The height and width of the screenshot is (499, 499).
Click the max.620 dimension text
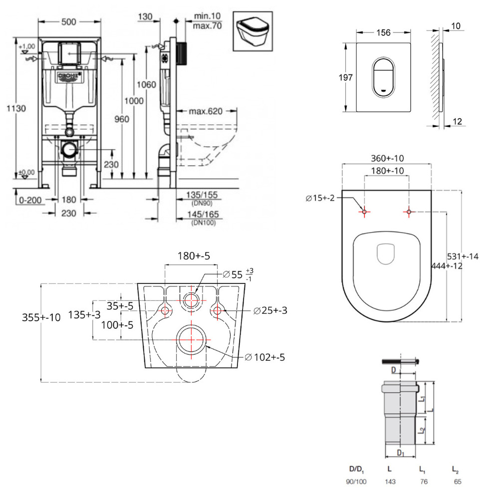tap(206, 110)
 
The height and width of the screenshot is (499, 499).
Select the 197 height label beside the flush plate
tap(346, 77)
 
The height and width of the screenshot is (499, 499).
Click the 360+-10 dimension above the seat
tap(387, 158)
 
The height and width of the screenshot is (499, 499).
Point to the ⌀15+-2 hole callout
tap(322, 199)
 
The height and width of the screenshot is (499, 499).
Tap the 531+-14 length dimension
tap(463, 256)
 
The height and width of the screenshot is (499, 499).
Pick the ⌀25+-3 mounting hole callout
tap(270, 310)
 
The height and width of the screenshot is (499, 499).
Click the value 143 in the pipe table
tap(389, 483)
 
